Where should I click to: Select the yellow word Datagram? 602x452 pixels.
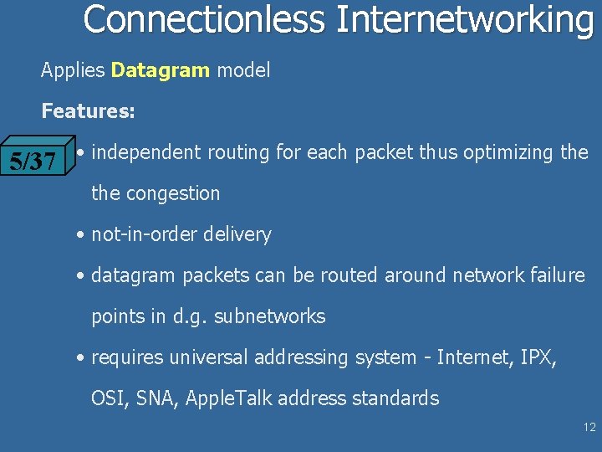pyautogui.click(x=161, y=70)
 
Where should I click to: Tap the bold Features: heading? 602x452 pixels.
pyautogui.click(x=89, y=110)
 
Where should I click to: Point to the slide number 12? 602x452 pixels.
pyautogui.click(x=589, y=427)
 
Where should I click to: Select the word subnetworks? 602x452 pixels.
pyautogui.click(x=270, y=316)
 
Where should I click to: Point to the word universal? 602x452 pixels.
pyautogui.click(x=209, y=357)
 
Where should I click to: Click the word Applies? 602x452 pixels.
pyautogui.click(x=73, y=70)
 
